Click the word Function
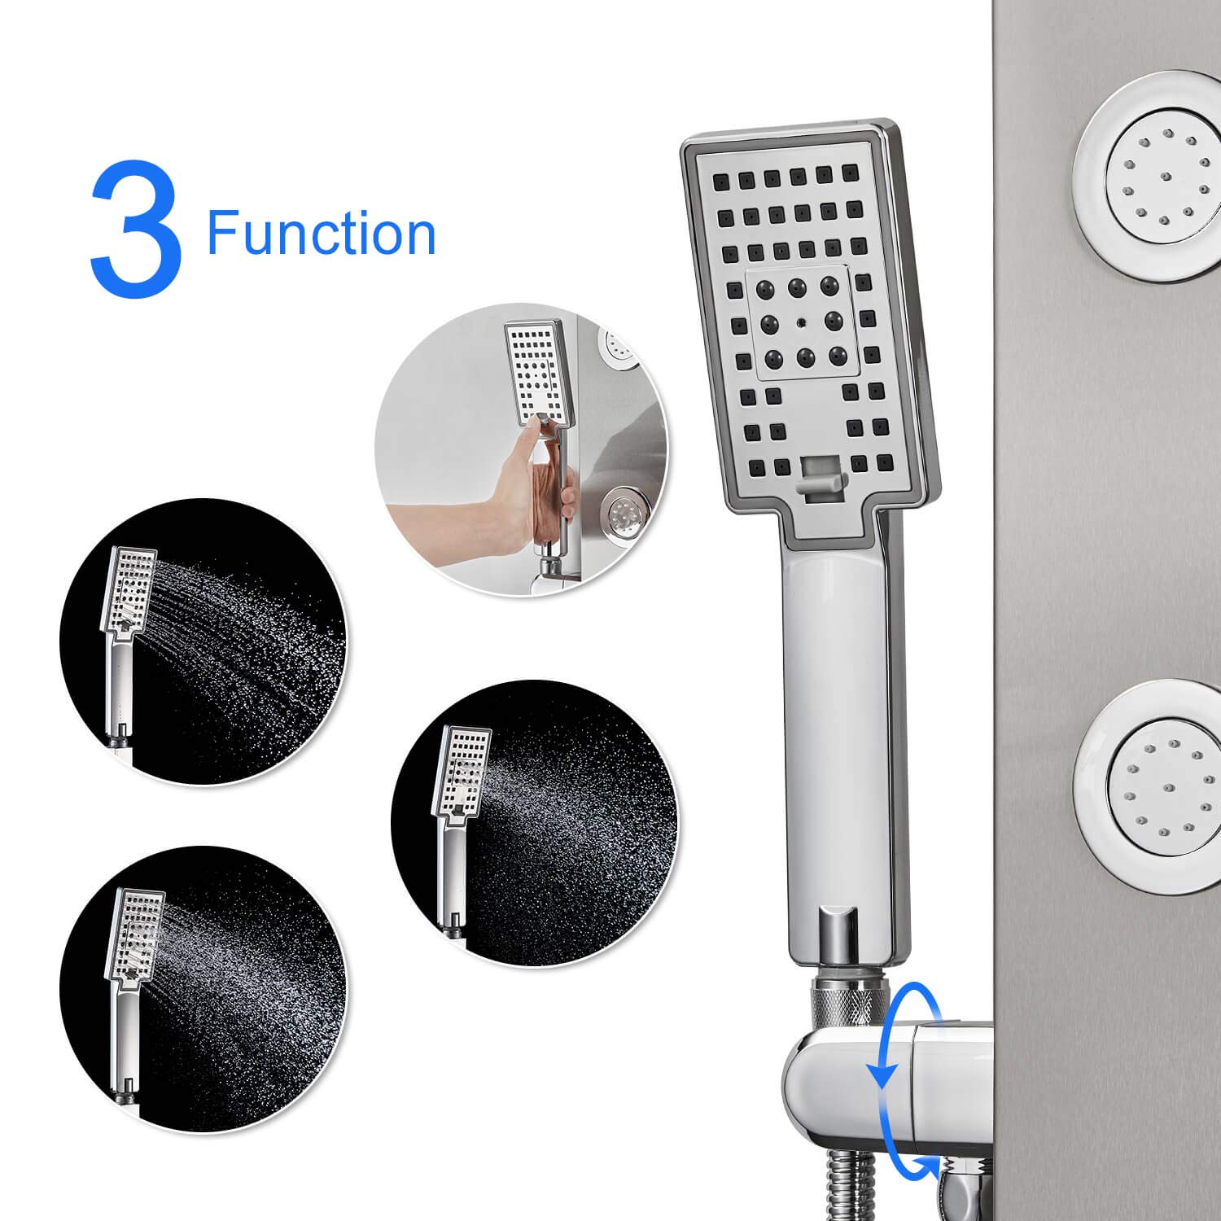tap(322, 234)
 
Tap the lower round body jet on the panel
tap(1148, 789)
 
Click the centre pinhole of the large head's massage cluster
tap(801, 322)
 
